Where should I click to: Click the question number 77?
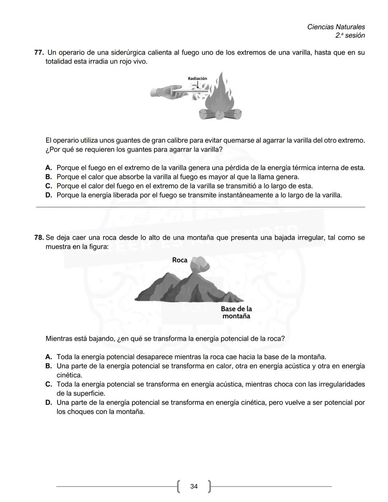(38, 53)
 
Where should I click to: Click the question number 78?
(39, 238)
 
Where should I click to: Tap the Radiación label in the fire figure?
(197, 78)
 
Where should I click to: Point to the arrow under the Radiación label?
(197, 84)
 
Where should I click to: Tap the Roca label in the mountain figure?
(180, 260)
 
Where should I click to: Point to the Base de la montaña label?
(236, 313)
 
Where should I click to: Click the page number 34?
(194, 486)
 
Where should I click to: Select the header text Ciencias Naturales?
(336, 27)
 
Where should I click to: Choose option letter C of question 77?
(49, 186)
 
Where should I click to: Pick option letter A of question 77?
(49, 168)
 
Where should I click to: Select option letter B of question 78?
(49, 366)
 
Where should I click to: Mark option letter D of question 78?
(49, 402)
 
